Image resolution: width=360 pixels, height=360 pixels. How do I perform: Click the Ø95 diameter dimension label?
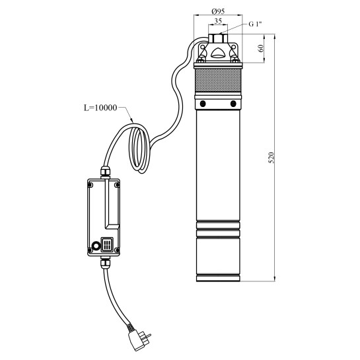(218, 11)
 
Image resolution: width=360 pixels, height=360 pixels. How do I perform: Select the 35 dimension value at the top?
(218, 21)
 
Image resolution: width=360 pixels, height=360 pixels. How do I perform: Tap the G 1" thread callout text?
(256, 24)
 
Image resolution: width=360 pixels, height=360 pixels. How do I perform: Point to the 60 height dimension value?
(261, 48)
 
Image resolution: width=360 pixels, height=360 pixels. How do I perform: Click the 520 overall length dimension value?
(271, 157)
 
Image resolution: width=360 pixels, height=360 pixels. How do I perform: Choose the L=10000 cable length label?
(100, 108)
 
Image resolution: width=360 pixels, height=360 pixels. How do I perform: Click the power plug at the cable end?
(139, 339)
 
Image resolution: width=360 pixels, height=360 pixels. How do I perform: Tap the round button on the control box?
(96, 246)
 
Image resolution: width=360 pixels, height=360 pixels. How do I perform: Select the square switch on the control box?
(107, 245)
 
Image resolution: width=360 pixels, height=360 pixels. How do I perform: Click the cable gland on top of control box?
(105, 172)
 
